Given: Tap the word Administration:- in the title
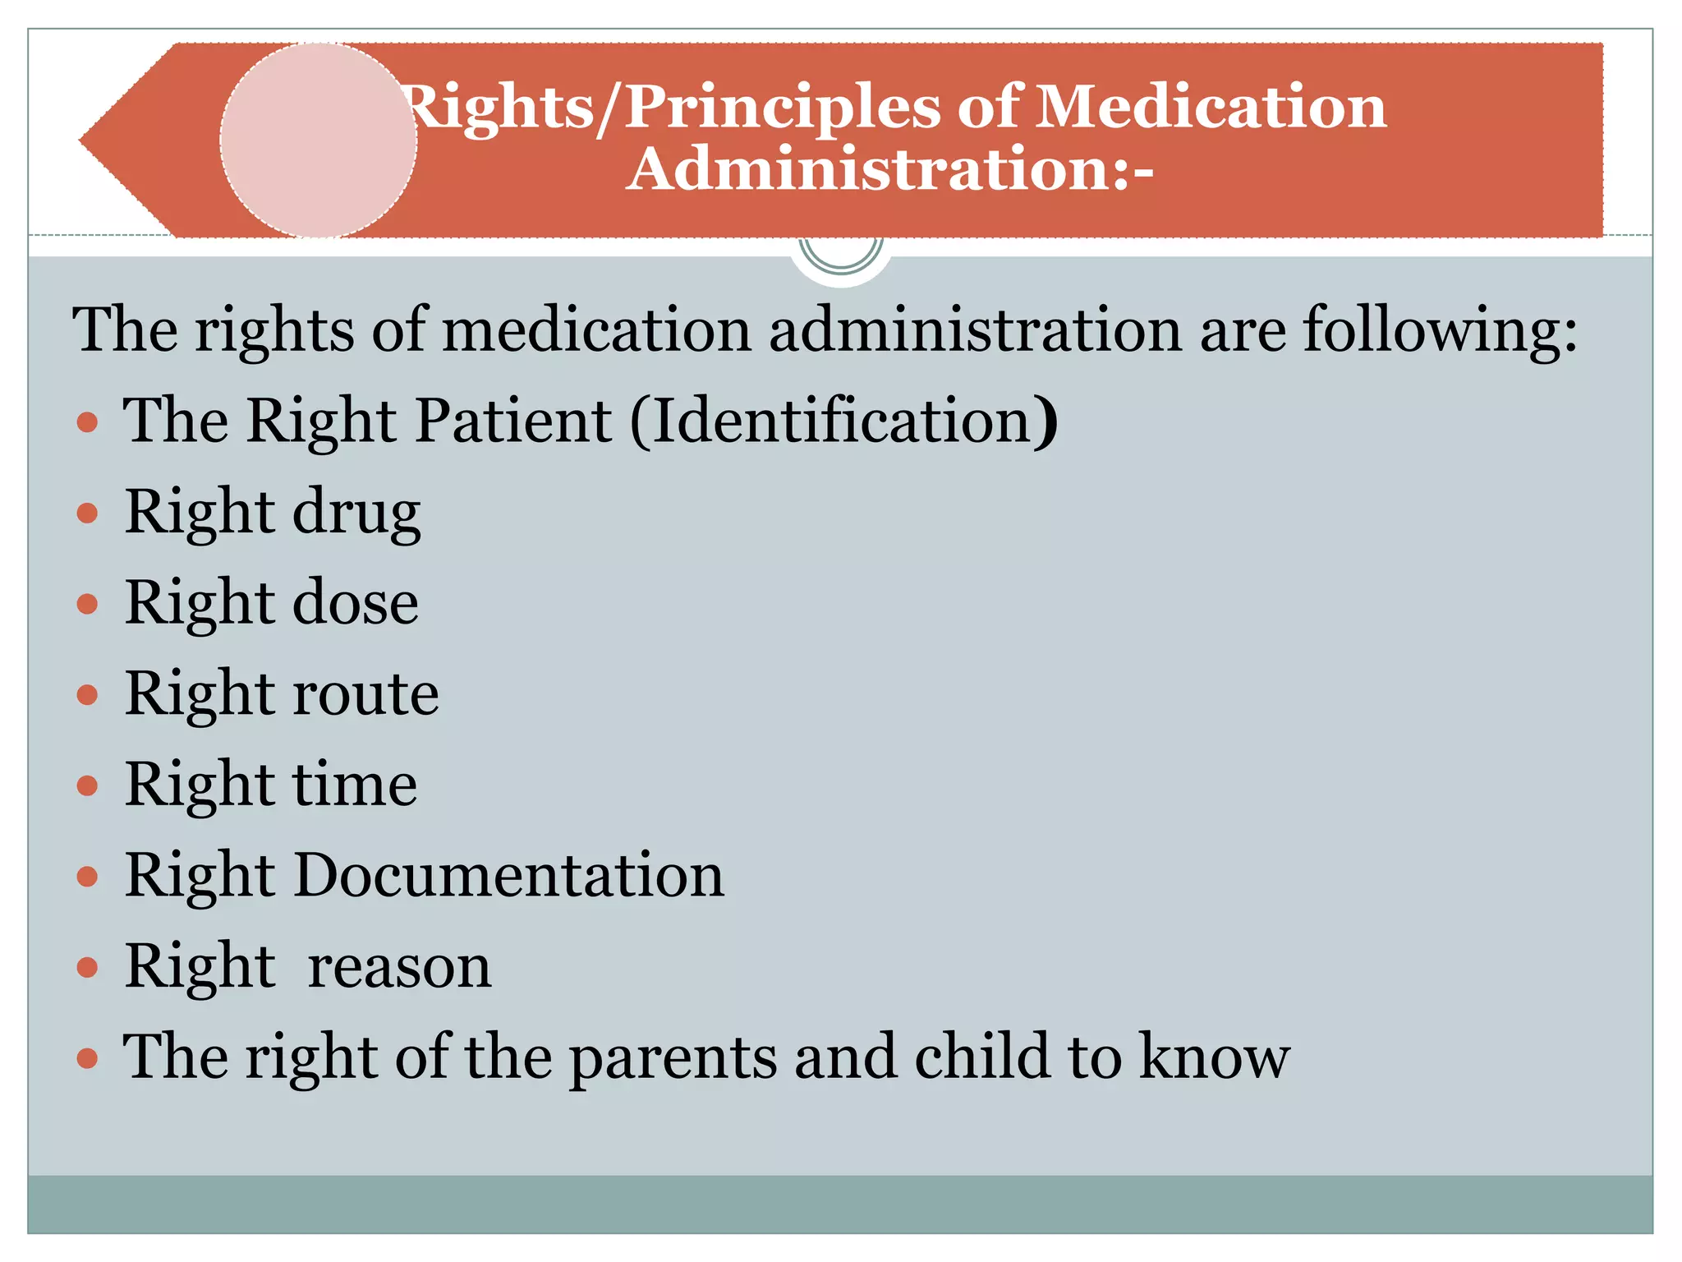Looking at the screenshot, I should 890,169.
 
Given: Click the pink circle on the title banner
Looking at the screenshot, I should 319,140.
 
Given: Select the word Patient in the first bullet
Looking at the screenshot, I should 512,421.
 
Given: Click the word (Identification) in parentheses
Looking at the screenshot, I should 844,421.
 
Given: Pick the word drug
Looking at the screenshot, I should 356,513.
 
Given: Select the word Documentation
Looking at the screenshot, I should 508,875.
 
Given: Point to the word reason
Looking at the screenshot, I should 399,966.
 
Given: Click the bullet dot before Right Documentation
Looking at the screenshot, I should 87,877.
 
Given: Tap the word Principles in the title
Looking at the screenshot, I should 782,108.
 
